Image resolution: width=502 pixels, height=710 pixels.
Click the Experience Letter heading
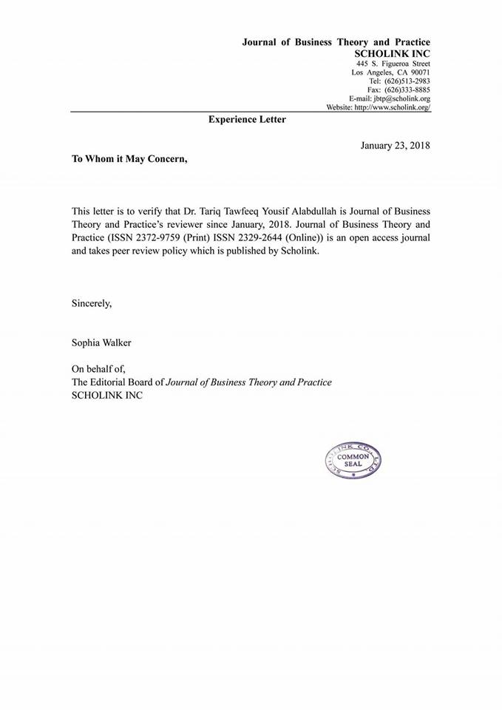247,118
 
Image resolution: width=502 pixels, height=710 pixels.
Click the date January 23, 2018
395,145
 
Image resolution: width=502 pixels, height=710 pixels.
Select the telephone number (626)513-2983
403,81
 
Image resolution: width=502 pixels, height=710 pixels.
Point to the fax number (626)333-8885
403,89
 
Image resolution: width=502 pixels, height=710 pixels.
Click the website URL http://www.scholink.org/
392,107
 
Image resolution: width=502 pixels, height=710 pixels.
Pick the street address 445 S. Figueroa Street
393,63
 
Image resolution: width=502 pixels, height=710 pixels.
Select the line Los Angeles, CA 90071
391,72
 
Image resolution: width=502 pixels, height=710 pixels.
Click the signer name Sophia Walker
103,342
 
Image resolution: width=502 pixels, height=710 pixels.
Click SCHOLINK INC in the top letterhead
392,54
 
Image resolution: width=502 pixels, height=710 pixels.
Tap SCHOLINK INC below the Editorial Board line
106,396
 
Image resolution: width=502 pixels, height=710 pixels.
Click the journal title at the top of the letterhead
336,42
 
